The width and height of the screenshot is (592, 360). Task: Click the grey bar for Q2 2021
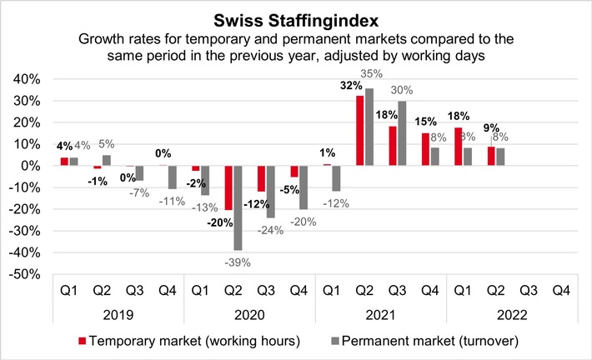click(368, 127)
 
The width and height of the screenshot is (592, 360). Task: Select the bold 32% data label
click(350, 86)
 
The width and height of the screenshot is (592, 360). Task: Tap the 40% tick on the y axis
click(31, 79)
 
